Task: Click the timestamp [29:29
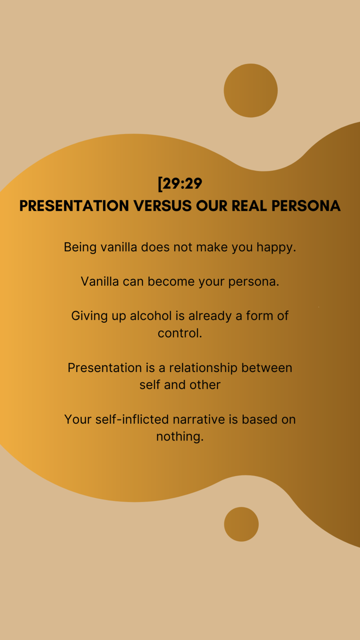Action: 180,184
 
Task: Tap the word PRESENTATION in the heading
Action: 74,206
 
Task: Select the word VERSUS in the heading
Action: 163,206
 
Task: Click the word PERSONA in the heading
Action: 306,206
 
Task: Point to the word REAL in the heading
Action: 249,206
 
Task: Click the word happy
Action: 276,248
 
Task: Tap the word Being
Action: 80,248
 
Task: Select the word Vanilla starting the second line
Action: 100,281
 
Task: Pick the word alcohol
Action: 151,316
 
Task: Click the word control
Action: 180,333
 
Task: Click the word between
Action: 267,368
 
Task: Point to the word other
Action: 205,385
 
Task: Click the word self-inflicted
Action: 132,420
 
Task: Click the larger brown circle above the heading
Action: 251,90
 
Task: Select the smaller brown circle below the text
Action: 241,524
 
